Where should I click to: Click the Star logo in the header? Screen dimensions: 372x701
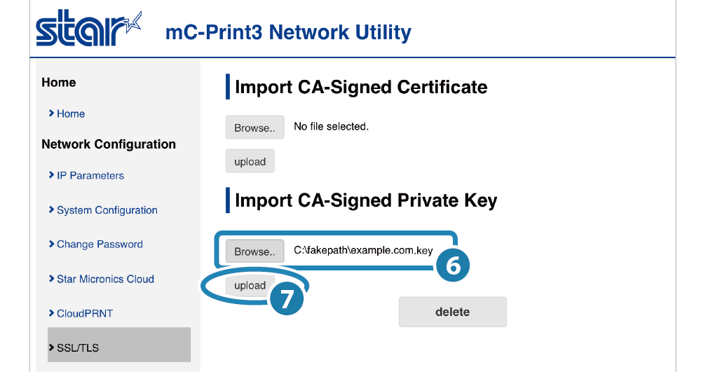click(88, 29)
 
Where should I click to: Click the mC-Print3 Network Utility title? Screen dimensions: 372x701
click(288, 32)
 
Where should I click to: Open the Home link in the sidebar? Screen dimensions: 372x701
click(71, 113)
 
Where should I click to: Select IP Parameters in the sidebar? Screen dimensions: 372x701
click(90, 176)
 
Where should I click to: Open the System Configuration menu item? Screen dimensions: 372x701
click(107, 210)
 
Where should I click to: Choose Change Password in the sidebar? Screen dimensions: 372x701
click(100, 244)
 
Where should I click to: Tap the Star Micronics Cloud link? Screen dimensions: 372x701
click(105, 279)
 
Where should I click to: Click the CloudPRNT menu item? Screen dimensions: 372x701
click(85, 313)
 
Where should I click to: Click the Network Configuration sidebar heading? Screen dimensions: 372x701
click(109, 144)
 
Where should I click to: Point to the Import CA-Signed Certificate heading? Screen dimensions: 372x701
click(361, 88)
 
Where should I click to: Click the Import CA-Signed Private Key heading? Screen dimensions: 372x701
click(366, 200)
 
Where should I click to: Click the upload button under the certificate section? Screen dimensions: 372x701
click(250, 162)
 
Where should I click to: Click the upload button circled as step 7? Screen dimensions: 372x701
click(250, 286)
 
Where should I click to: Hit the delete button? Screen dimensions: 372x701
click(452, 312)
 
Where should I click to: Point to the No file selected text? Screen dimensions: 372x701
click(331, 127)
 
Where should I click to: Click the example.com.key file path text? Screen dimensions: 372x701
click(363, 251)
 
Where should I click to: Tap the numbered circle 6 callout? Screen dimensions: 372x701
click(452, 266)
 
